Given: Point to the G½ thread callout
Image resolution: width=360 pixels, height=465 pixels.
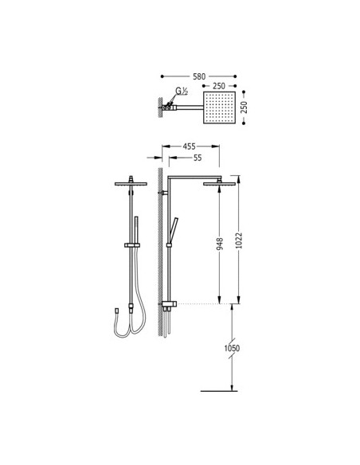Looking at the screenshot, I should point(181,92).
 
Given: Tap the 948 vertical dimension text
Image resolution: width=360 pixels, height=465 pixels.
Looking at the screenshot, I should point(219,244).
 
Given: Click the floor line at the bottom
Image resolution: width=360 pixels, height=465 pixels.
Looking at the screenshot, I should point(220,391).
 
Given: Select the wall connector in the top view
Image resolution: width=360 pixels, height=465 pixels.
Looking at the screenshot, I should point(169,106).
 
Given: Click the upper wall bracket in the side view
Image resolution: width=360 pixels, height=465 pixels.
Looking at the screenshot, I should point(164,193).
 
